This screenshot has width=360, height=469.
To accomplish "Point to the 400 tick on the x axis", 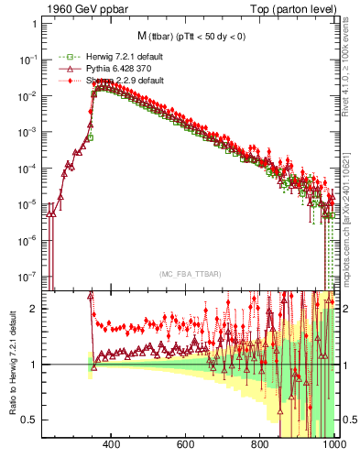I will [112, 446].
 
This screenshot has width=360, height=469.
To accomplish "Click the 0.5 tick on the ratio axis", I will [30, 420].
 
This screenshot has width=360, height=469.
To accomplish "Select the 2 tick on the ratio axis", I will [35, 309].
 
